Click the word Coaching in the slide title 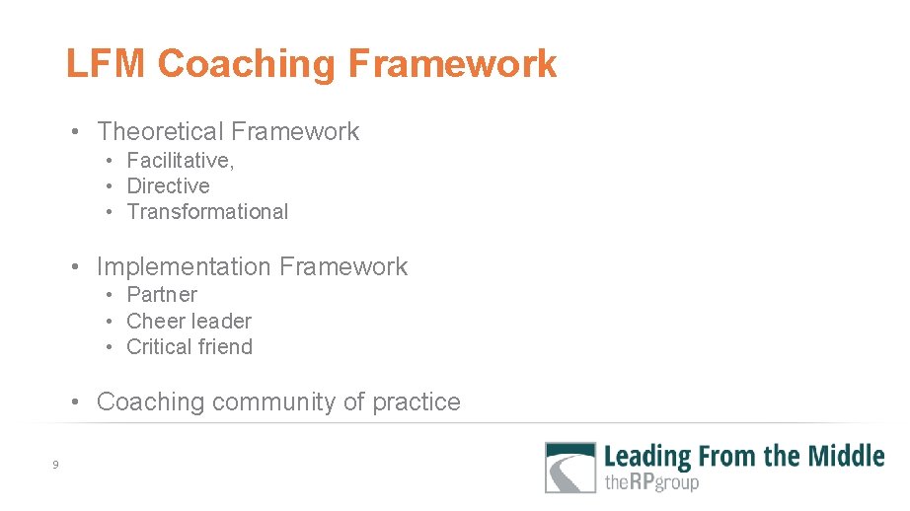coord(246,64)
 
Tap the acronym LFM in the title coord(106,64)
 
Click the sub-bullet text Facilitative coord(180,160)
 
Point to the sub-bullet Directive coord(168,185)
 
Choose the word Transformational coord(207,211)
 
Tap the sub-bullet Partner coord(162,294)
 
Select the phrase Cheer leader coord(189,321)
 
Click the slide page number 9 coord(56,465)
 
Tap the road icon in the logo coord(570,468)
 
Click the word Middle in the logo coord(846,456)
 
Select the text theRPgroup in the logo coord(650,482)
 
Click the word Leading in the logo coord(647,456)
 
